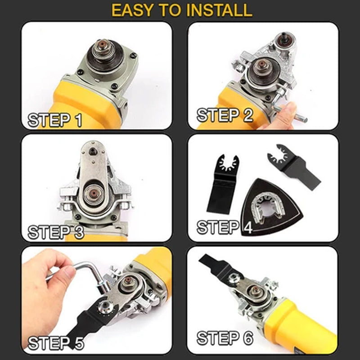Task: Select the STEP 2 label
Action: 225,115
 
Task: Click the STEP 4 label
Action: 225,227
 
